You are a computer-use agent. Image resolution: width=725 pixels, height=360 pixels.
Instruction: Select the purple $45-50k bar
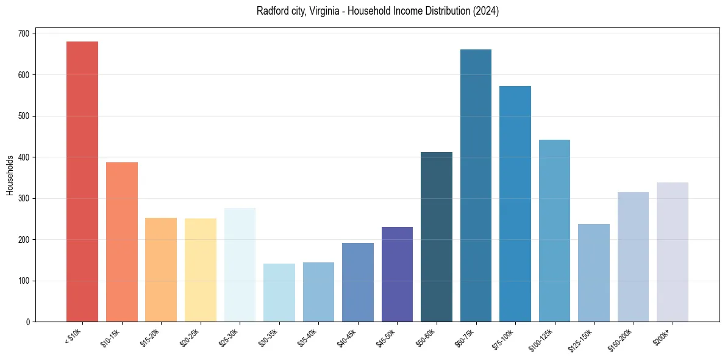coord(397,275)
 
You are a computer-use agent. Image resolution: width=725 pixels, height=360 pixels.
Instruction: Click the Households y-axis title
coord(10,175)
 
